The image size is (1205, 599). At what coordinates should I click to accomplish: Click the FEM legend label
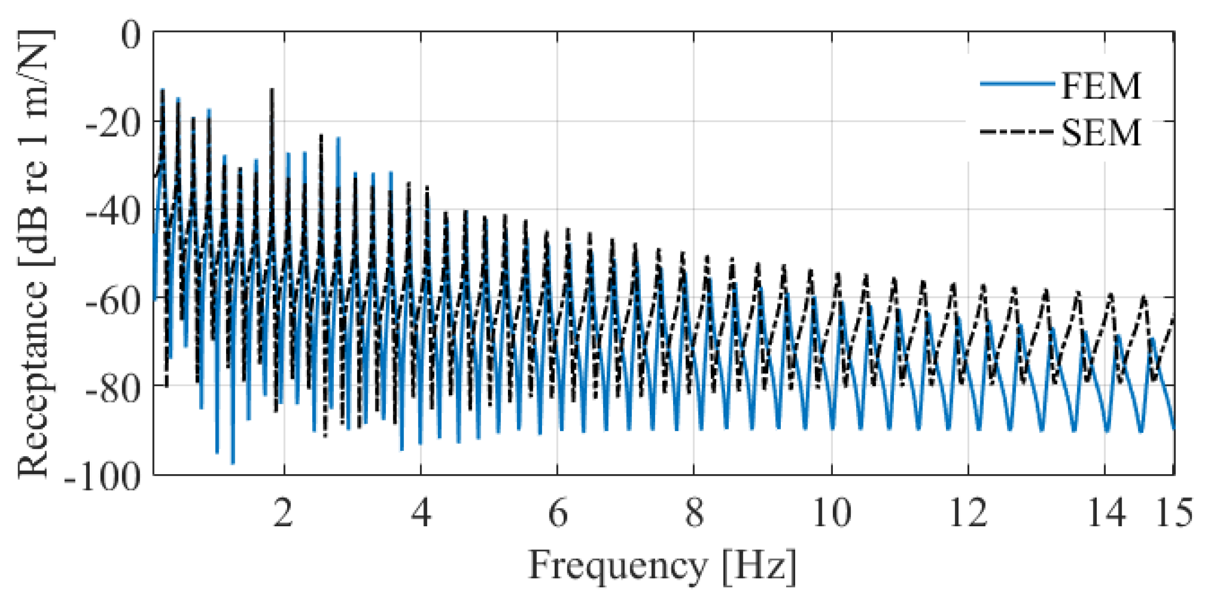tap(1100, 86)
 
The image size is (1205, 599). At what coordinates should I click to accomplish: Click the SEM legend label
tap(1100, 133)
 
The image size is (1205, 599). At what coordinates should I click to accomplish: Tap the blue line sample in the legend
tap(1017, 84)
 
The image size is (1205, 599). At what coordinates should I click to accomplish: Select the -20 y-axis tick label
tap(114, 124)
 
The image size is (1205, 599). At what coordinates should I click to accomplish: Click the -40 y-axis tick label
tap(114, 212)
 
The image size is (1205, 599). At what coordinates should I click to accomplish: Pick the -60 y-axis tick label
tap(114, 301)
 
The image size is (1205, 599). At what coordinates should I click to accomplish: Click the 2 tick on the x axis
tap(283, 513)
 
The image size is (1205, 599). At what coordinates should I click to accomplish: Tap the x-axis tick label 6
tap(557, 513)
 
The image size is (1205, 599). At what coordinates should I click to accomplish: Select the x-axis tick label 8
tap(694, 513)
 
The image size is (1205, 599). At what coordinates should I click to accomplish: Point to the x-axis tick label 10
tap(831, 513)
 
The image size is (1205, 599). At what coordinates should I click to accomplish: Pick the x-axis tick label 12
tap(968, 513)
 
